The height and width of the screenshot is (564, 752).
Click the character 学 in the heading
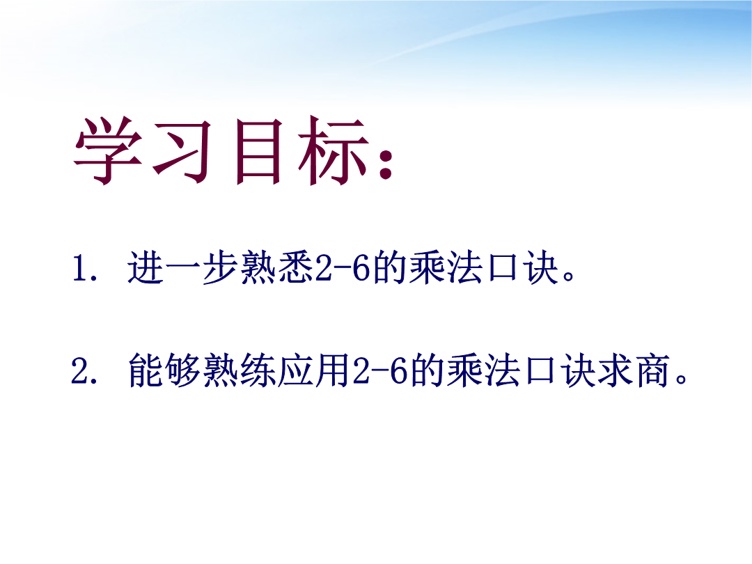click(x=109, y=150)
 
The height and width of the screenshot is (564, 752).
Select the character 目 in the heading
click(x=258, y=151)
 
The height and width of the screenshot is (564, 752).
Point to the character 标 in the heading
click(x=333, y=150)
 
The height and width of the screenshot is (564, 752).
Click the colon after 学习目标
click(x=385, y=162)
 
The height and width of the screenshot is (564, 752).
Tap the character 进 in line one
click(x=146, y=267)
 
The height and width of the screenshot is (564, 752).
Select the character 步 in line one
click(x=220, y=267)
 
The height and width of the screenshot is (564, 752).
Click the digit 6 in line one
click(x=361, y=267)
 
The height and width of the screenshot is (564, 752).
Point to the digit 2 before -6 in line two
click(x=361, y=370)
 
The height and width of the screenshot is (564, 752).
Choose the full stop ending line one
click(x=569, y=276)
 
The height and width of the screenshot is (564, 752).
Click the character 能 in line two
click(x=146, y=370)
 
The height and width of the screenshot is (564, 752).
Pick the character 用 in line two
click(x=333, y=370)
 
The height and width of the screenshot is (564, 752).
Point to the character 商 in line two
click(x=652, y=370)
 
